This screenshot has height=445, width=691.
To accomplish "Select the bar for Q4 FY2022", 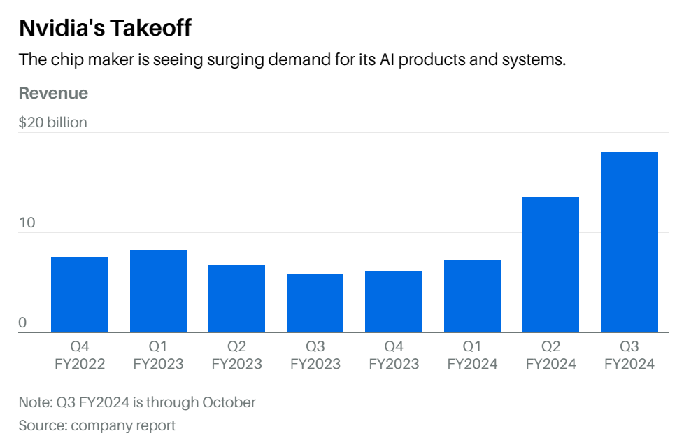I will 80,295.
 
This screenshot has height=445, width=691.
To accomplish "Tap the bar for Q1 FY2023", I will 158,291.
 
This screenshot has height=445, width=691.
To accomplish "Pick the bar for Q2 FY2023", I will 236,299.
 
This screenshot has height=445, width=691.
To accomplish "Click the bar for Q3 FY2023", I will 315,303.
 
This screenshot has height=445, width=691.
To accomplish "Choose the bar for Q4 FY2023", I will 394,302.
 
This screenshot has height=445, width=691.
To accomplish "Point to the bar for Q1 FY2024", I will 472,296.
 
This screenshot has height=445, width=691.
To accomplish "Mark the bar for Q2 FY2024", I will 551,264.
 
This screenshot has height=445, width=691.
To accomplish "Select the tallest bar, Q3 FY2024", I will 629,242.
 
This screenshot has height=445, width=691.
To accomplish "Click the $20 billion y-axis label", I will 53,122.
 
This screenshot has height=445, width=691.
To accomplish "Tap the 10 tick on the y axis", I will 27,223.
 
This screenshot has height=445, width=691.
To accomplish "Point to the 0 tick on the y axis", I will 22,323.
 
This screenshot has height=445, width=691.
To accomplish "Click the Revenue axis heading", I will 53,93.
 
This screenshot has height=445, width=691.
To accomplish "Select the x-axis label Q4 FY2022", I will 80,355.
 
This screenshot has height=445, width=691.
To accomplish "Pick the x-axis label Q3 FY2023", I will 315,355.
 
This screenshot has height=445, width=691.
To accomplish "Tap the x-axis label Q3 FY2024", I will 629,355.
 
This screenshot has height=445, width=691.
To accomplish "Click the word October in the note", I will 229,402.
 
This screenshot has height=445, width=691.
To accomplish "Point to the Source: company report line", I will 97,425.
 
